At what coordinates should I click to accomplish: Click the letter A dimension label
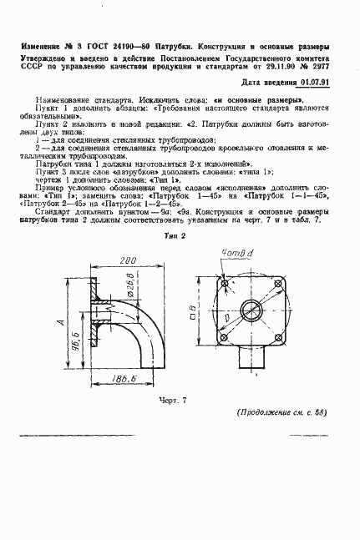point(58,321)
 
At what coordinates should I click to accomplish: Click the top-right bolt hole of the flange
point(281,285)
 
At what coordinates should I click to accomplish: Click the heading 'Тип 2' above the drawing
point(175,238)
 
